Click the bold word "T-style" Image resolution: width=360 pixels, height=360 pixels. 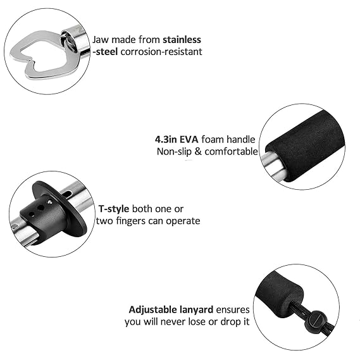pos(114,209)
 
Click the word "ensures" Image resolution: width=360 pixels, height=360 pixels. pos(233,309)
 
